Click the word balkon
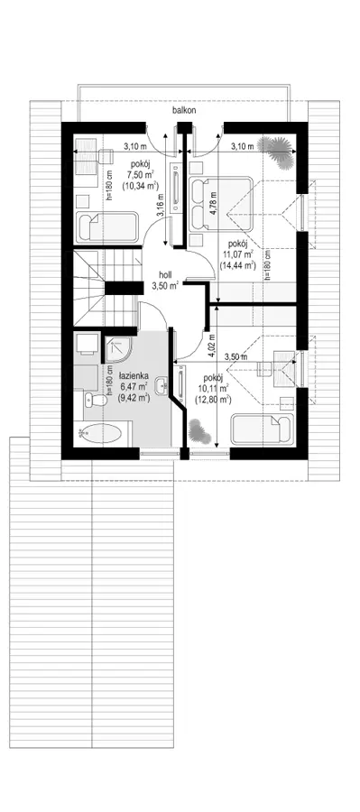click(184, 110)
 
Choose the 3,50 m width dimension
click(237, 356)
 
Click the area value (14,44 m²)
click(238, 264)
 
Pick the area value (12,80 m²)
click(213, 399)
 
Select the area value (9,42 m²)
click(134, 398)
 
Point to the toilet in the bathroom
click(91, 400)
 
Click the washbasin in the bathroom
click(163, 384)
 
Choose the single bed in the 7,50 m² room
click(107, 226)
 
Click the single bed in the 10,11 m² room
click(263, 429)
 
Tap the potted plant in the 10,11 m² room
click(198, 431)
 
